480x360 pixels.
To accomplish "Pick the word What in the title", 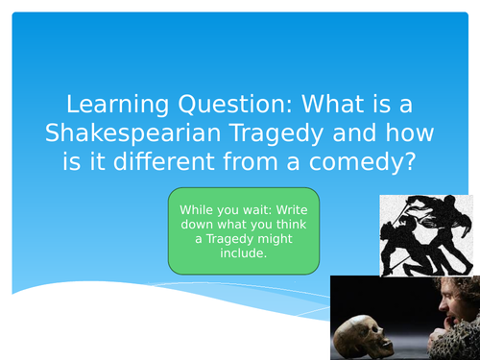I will pyautogui.click(x=306, y=103).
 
